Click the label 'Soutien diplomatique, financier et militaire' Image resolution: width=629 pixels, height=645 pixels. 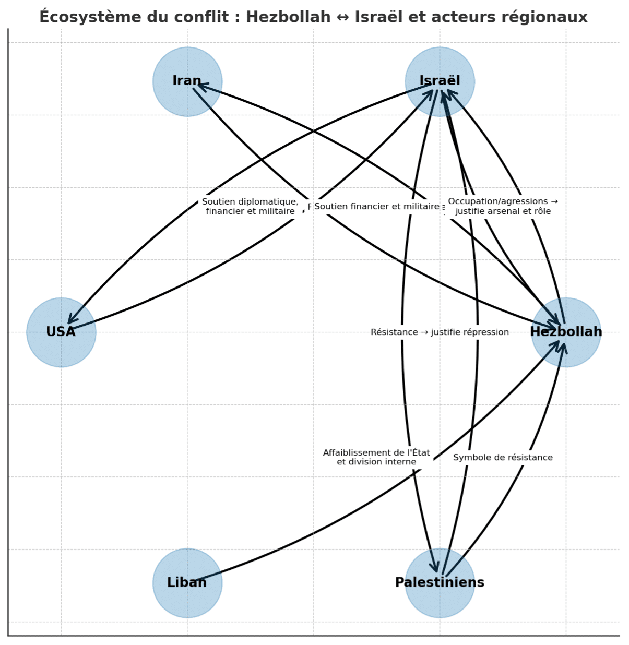250,206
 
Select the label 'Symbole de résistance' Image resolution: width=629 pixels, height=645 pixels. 503,458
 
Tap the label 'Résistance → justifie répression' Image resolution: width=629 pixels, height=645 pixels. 440,332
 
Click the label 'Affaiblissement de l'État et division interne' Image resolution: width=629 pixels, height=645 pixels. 376,457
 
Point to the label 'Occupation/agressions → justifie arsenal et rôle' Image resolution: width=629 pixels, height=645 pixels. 503,206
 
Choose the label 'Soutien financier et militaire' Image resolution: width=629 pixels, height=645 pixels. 376,207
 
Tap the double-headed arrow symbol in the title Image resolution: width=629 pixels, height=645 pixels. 343,17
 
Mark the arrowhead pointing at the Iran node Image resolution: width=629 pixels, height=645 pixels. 200,85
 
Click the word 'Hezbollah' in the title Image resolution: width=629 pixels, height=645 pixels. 288,17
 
